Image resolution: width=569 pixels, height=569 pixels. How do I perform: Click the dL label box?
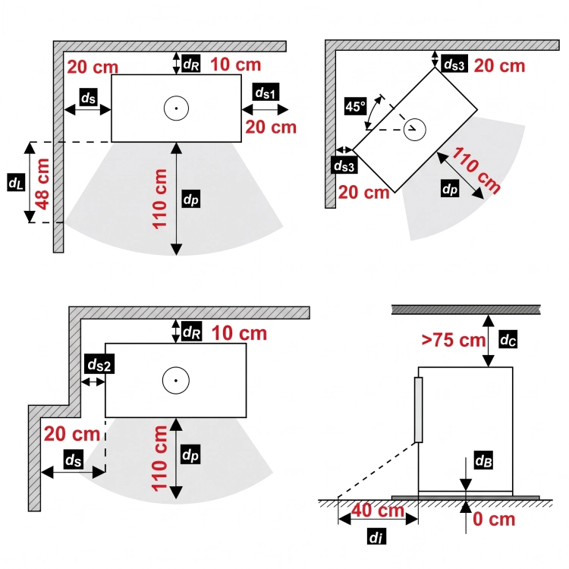click(16, 182)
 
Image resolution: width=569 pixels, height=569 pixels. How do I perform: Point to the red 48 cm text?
click(42, 184)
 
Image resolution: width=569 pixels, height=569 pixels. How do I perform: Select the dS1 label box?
click(266, 92)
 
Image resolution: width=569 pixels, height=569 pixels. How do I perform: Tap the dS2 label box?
click(99, 364)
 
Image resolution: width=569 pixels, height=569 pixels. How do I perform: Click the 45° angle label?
click(355, 106)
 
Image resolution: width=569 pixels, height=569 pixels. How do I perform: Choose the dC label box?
click(508, 339)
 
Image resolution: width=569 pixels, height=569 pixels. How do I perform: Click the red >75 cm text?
click(453, 340)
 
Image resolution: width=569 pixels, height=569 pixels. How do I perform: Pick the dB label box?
click(483, 461)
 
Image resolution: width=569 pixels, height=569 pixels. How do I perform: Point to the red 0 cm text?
click(494, 519)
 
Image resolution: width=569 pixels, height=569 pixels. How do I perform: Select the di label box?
click(376, 536)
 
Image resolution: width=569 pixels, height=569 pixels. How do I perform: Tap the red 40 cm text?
click(378, 511)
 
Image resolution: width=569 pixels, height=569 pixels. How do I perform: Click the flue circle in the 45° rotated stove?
click(415, 130)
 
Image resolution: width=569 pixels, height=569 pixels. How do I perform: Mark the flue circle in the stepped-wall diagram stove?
click(176, 381)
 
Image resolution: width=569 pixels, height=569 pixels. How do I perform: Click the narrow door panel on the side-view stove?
click(418, 410)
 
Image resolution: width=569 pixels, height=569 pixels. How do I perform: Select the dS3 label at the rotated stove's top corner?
click(454, 64)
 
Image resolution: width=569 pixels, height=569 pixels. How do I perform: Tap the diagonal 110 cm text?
click(476, 170)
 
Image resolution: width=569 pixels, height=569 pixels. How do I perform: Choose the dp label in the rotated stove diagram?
click(450, 188)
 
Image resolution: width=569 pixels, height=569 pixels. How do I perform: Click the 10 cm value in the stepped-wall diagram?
click(239, 333)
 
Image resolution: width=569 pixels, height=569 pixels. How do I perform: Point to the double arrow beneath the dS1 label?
click(265, 109)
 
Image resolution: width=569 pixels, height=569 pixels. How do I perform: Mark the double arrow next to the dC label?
click(489, 341)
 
